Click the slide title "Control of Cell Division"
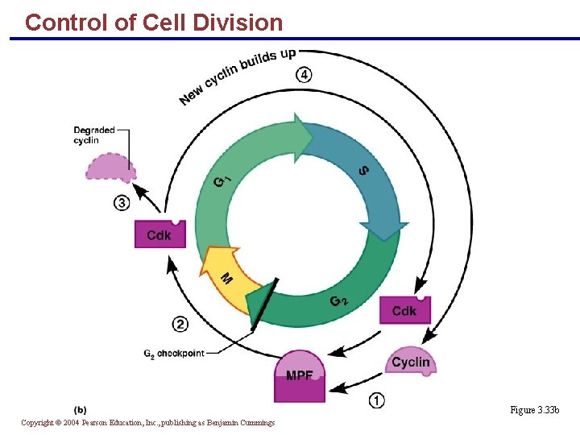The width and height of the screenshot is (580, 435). click(x=154, y=23)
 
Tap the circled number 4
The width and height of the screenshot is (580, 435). click(x=304, y=75)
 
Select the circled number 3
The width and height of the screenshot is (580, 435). click(x=121, y=203)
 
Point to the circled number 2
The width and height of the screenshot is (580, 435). click(x=180, y=324)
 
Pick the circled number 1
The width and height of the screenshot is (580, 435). click(x=376, y=400)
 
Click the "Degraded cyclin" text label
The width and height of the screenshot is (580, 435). click(x=94, y=135)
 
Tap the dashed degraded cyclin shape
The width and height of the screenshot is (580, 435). click(x=110, y=167)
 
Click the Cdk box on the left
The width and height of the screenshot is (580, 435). click(x=159, y=234)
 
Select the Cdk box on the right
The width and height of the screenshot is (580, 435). click(x=404, y=310)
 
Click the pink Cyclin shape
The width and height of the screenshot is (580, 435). click(x=411, y=362)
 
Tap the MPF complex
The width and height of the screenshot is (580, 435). click(x=300, y=376)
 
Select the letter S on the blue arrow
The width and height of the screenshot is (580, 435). click(x=363, y=171)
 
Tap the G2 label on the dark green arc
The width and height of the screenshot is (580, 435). click(x=339, y=301)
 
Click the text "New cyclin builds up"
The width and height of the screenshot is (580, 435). click(x=237, y=77)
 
